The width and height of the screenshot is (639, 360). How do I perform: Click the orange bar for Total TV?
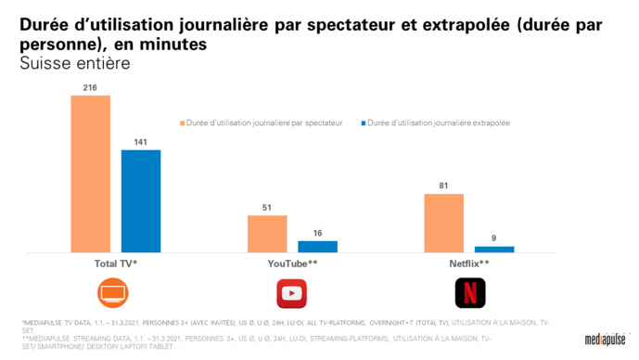91,174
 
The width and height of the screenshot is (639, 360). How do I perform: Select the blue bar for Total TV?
141,200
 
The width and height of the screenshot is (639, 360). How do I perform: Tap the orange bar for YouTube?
266,234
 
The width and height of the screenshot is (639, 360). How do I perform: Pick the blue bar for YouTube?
317,247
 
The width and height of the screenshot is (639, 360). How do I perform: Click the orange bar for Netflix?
443,223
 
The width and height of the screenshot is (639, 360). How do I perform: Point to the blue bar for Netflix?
493,249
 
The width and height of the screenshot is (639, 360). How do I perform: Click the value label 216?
91,87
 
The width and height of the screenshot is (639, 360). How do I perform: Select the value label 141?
141,141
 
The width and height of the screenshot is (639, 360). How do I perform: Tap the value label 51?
266,208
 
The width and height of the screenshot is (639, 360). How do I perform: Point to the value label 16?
317,233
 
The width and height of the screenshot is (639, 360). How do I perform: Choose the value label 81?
443,186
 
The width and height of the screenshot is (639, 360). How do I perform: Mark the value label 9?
493,238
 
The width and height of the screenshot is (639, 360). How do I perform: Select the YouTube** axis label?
292,264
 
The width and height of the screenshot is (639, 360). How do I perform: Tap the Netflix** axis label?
468,264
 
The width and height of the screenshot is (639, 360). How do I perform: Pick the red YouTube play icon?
292,292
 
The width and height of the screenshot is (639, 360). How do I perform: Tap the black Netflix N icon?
468,292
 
